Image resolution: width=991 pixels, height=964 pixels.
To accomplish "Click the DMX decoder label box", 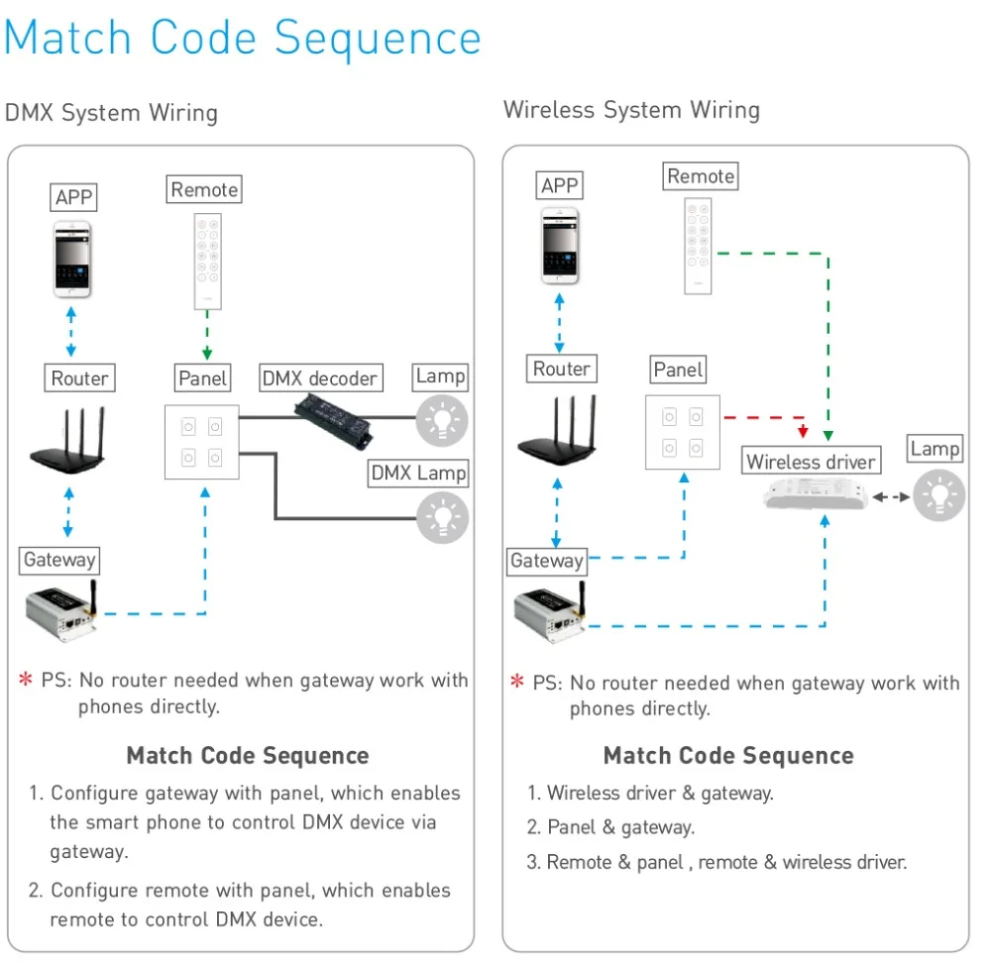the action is click(x=321, y=377).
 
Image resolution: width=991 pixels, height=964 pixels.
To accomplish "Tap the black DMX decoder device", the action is click(x=333, y=421).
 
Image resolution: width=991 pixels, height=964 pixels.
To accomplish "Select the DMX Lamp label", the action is click(x=418, y=474).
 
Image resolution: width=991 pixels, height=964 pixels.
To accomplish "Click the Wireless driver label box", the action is click(x=811, y=461).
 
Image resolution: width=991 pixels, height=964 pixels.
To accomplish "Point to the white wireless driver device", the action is click(x=816, y=494).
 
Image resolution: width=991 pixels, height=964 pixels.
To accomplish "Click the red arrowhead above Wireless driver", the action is click(x=803, y=431).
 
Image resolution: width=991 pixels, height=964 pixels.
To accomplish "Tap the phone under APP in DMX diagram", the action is click(x=72, y=259).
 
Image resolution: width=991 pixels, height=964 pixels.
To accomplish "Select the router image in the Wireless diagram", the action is click(x=557, y=430).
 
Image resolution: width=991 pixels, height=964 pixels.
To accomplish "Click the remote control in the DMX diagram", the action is click(x=207, y=261).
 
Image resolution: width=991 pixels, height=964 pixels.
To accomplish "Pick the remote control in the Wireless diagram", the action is click(x=698, y=246).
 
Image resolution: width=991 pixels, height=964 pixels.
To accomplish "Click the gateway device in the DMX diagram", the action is click(x=61, y=609).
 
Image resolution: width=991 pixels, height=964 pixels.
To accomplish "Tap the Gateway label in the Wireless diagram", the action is click(x=547, y=561).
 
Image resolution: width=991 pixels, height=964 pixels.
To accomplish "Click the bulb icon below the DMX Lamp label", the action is click(x=442, y=517).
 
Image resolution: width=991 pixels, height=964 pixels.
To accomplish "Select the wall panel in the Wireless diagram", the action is click(x=683, y=432).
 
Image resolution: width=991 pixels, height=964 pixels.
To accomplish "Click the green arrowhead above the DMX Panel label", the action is click(x=207, y=354).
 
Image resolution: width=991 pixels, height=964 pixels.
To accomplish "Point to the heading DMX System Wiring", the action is click(x=111, y=113).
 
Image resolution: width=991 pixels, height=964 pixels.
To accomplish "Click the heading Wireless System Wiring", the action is click(x=631, y=110).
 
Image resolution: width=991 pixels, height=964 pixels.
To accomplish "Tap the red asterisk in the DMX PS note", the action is click(x=26, y=679).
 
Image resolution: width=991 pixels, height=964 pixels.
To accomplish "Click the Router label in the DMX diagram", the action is click(x=79, y=377).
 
